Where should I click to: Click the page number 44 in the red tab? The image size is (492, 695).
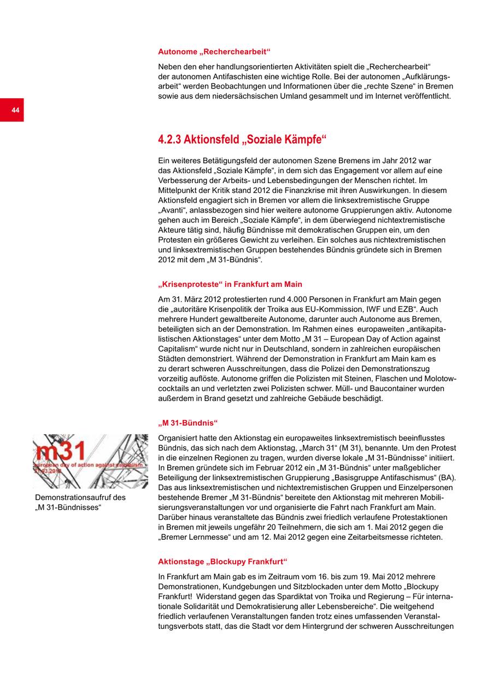[x=15, y=110]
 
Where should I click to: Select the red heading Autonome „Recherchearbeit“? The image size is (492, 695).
[x=214, y=52]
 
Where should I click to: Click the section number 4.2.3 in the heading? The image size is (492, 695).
[x=169, y=140]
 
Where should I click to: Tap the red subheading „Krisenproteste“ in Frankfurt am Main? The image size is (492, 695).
[x=230, y=285]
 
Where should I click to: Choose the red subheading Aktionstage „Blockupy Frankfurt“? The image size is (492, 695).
[x=222, y=562]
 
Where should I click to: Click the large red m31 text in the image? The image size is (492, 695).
[x=60, y=451]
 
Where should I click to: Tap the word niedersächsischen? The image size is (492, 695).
[x=238, y=96]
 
